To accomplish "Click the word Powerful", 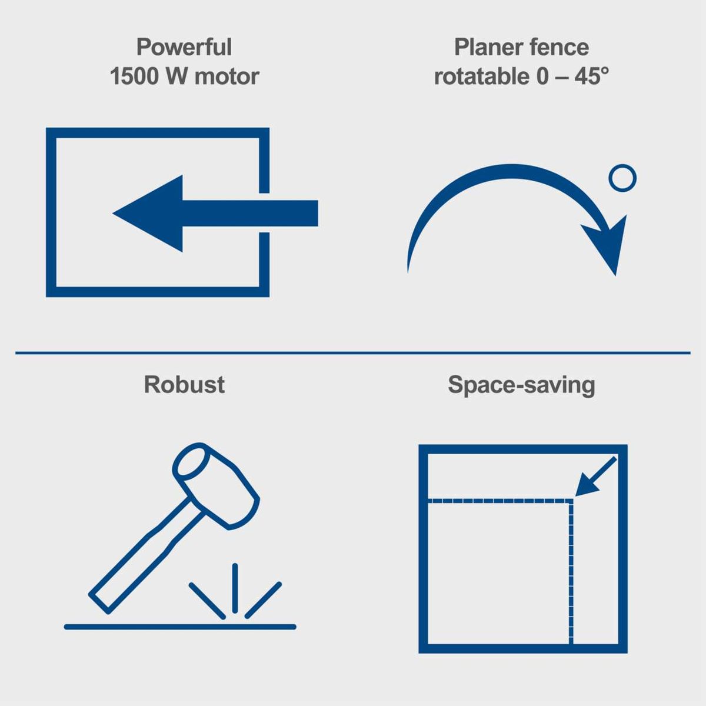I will tap(184, 47).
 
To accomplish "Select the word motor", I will tap(227, 76).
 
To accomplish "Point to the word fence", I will tap(559, 47).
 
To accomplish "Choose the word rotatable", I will tap(481, 76).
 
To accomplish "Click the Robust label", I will tap(184, 385).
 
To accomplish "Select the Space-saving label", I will tap(521, 385).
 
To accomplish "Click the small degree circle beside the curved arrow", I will tap(622, 178).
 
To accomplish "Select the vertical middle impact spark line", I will tap(235, 588).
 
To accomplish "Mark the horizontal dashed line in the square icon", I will tap(500, 501).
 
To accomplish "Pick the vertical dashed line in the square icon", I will tap(571, 571).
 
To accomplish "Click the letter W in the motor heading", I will tap(176, 76).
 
